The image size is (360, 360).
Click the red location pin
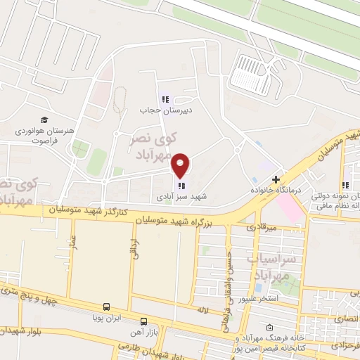pyautogui.click(x=181, y=165)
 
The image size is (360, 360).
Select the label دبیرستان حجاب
pyautogui.click(x=165, y=110)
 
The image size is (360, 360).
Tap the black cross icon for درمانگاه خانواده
pyautogui.click(x=278, y=179)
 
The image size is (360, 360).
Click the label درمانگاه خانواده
pyautogui.click(x=277, y=191)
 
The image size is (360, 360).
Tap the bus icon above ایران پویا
pyautogui.click(x=106, y=307)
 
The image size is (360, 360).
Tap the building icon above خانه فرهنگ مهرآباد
pyautogui.click(x=271, y=328)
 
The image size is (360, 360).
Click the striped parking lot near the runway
pyautogui.click(x=250, y=73)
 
